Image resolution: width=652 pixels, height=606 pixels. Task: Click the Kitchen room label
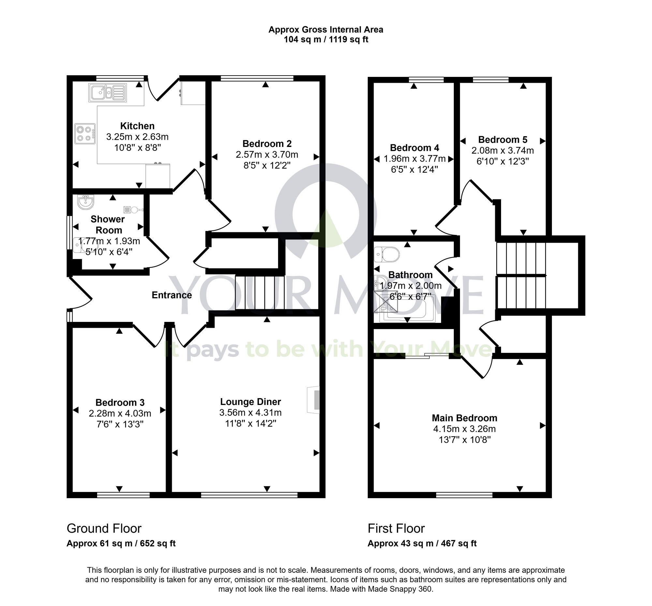click(x=137, y=126)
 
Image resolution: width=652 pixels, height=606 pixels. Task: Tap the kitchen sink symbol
click(x=107, y=93)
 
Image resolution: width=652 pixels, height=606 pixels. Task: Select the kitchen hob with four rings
click(x=85, y=134)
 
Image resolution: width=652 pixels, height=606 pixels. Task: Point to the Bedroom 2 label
click(x=267, y=144)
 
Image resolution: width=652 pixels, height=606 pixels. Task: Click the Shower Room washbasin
click(x=86, y=201)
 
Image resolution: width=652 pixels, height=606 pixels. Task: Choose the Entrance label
click(x=171, y=295)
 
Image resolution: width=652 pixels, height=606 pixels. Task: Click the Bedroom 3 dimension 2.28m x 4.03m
click(x=120, y=413)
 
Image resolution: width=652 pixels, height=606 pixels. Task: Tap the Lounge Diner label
click(x=250, y=401)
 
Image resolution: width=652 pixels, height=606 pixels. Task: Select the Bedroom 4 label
click(x=414, y=148)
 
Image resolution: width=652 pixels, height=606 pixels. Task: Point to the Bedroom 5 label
click(x=502, y=140)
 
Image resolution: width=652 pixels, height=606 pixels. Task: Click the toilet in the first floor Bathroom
click(x=388, y=254)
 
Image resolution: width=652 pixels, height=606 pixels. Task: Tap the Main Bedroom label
click(x=464, y=418)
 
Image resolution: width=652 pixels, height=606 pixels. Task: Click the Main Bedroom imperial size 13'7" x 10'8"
click(x=465, y=440)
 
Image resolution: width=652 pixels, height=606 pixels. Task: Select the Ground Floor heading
click(x=104, y=528)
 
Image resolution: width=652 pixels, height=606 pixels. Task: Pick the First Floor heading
click(x=396, y=528)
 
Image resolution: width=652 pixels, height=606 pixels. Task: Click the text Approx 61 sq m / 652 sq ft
click(x=121, y=543)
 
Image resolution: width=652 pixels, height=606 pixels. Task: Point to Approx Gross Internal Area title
click(x=326, y=30)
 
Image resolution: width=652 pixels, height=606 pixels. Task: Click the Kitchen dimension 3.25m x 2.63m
click(x=137, y=137)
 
